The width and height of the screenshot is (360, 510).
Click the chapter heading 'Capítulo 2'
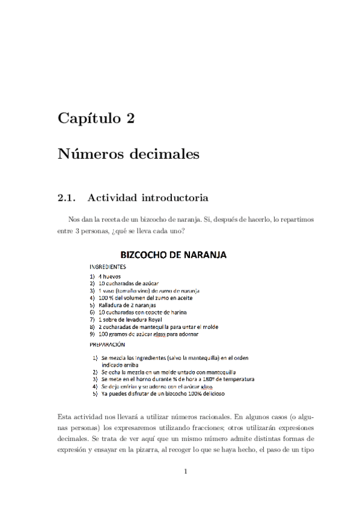pyautogui.click(x=96, y=118)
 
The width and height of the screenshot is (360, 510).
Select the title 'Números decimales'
pyautogui.click(x=128, y=155)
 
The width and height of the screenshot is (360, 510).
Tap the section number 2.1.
pyautogui.click(x=67, y=197)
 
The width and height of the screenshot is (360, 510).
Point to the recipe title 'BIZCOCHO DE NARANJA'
pyautogui.click(x=174, y=255)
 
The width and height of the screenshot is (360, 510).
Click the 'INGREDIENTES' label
pyautogui.click(x=108, y=266)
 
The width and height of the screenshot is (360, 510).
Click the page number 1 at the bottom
pyautogui.click(x=186, y=471)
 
